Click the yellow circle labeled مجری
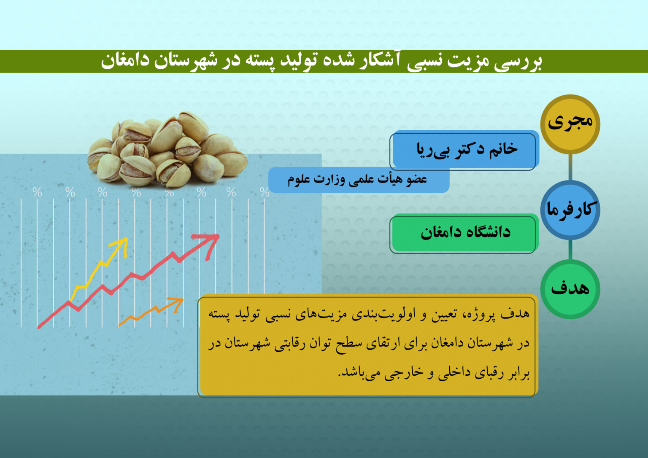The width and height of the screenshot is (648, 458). pos(570,124)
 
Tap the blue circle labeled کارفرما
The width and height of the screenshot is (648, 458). pos(570,210)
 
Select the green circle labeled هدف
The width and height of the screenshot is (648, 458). pos(570,289)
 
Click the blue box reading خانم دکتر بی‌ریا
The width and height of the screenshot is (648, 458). pos(464,151)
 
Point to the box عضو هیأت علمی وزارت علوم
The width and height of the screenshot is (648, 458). pos(359,180)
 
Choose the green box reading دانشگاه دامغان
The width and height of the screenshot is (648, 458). pos(464,233)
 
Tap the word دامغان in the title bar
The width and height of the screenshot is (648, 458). pos(125,61)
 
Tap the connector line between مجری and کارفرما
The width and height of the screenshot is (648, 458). pos(570,167)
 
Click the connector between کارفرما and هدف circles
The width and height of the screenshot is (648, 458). pos(570,250)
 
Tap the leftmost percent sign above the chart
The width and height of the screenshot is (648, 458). pos(37,192)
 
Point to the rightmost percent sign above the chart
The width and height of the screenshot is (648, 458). pos(265,192)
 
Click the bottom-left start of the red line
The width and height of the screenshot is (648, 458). pos(39,327)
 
